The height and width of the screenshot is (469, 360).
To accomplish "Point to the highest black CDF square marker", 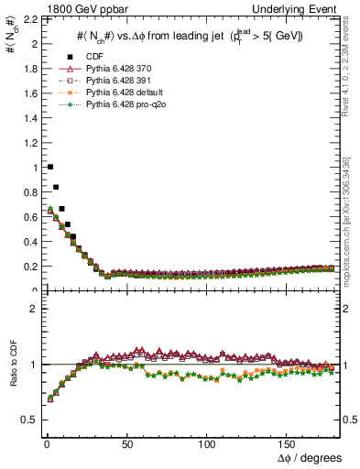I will point(49,167).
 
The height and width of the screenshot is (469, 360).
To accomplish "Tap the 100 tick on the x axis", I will point(207,443).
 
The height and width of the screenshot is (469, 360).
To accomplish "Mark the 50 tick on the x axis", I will point(127,443).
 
